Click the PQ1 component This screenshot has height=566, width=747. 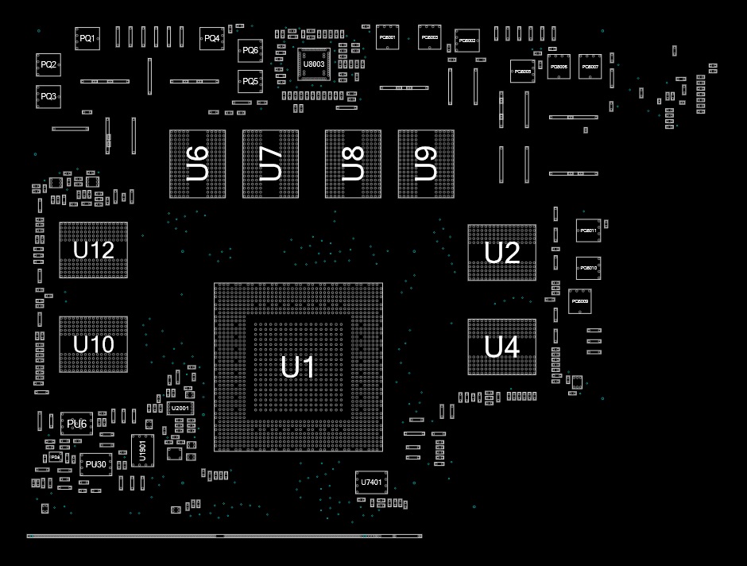click(87, 38)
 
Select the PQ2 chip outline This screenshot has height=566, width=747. click(48, 64)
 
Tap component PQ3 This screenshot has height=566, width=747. click(48, 96)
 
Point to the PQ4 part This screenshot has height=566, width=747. click(211, 38)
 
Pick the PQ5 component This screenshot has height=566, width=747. click(250, 81)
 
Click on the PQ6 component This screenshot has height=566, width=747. click(250, 51)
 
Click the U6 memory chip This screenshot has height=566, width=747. click(197, 164)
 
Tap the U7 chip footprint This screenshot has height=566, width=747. click(271, 164)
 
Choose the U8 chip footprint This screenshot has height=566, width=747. click(353, 164)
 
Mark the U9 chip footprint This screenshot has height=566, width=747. click(426, 164)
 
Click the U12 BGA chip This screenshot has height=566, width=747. click(93, 250)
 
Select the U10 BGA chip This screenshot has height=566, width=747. click(93, 344)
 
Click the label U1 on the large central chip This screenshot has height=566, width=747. click(298, 367)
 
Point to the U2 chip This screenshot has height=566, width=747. click(501, 253)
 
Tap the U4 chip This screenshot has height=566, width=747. click(501, 347)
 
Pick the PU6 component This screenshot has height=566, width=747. click(77, 424)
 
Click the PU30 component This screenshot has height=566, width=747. click(96, 464)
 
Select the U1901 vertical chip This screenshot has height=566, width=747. click(142, 450)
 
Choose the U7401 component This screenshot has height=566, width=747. click(370, 483)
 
